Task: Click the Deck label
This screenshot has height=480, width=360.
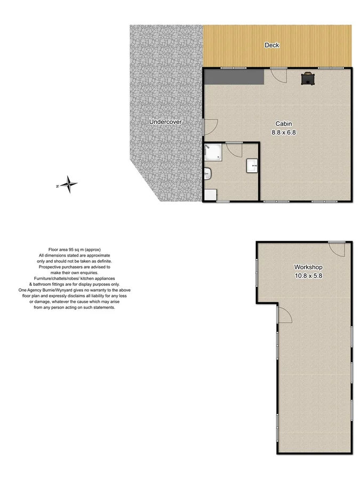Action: click(x=272, y=45)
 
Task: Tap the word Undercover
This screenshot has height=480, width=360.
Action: click(x=165, y=122)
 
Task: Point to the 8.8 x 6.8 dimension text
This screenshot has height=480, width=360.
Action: click(x=283, y=132)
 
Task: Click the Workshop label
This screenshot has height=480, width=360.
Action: click(x=308, y=267)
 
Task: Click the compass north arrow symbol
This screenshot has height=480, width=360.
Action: click(x=68, y=185)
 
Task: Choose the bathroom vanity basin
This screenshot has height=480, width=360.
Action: click(x=252, y=166)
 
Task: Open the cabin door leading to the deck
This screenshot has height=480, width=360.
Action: click(x=278, y=75)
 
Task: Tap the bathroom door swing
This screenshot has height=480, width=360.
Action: click(x=233, y=149)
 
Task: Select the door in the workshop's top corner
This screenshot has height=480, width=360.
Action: click(x=337, y=249)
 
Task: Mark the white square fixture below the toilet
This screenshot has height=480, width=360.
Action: click(x=210, y=195)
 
